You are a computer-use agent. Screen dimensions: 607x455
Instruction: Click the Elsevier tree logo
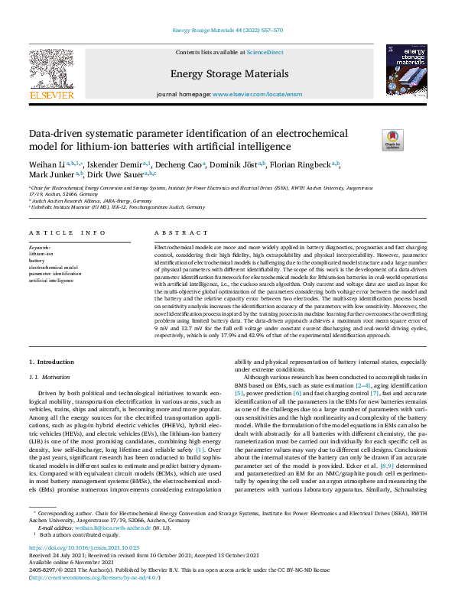pos(51,68)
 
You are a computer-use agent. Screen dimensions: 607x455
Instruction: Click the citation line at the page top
pos(227,30)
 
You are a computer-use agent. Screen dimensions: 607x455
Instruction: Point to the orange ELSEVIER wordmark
pos(51,96)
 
